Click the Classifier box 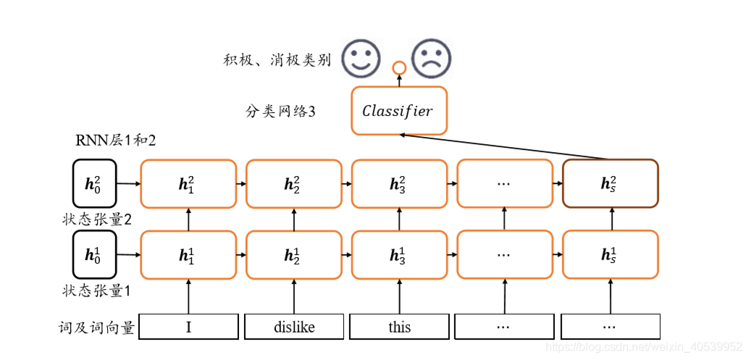click(398, 111)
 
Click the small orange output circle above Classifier click(398, 69)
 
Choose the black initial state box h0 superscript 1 click(94, 255)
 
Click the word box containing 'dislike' click(293, 327)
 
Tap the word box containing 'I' click(188, 327)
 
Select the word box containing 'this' click(399, 327)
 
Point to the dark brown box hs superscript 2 click(610, 183)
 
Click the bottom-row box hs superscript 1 click(610, 255)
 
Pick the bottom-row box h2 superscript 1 click(293, 255)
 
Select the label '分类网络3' click(280, 112)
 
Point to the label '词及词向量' click(97, 327)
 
